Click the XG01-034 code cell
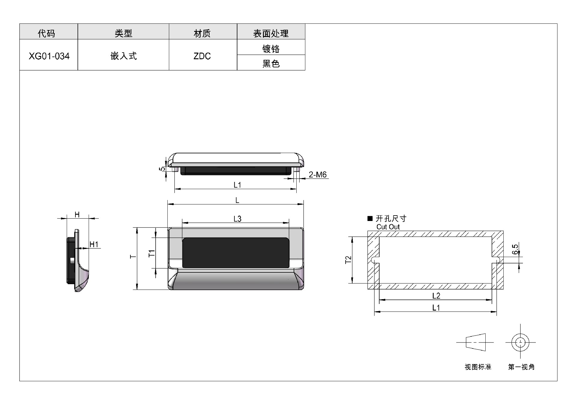tap(49, 56)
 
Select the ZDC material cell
tap(203, 56)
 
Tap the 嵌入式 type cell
tap(124, 56)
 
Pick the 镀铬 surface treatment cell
tap(271, 48)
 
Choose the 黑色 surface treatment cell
tap(271, 63)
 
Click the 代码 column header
tap(47, 33)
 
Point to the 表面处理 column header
tap(271, 33)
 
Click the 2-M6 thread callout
tap(318, 174)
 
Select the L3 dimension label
tap(237, 219)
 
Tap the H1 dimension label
tap(94, 244)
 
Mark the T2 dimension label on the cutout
tap(348, 260)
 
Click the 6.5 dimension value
tap(515, 249)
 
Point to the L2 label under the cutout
tap(436, 296)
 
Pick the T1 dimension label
tap(152, 253)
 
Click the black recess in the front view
tap(236, 253)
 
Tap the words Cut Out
tap(388, 227)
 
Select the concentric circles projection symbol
tap(520, 342)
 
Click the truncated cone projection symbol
tap(476, 342)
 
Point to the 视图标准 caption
tap(478, 367)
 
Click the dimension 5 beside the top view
tap(162, 169)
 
